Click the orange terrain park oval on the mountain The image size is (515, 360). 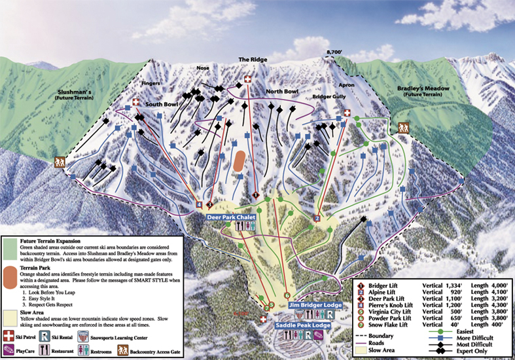coord(240,162)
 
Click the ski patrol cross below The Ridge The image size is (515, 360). coord(247,79)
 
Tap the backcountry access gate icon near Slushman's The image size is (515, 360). coord(60,162)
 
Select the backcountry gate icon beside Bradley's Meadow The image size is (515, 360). coord(402,128)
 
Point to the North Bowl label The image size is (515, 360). coord(282,92)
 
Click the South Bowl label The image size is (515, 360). coord(162,104)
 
